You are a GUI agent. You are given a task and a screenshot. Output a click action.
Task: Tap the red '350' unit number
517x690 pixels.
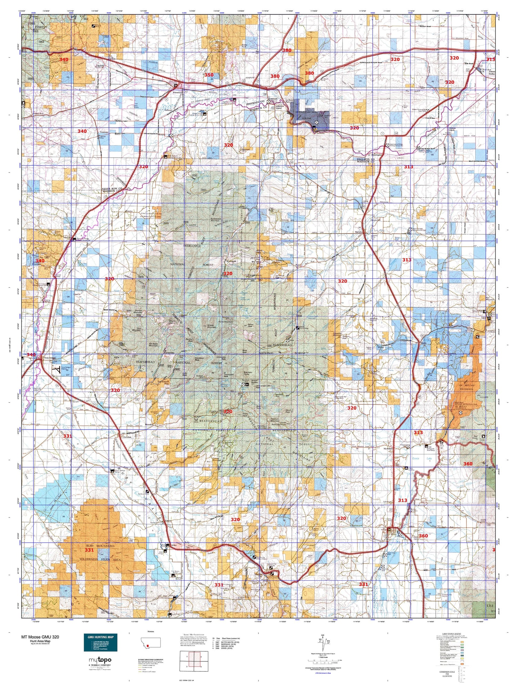tap(209, 75)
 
